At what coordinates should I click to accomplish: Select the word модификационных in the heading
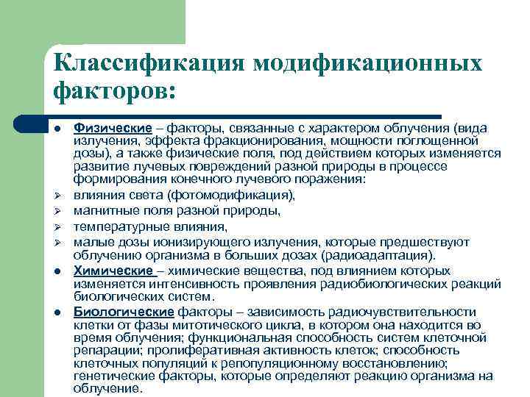point(367,62)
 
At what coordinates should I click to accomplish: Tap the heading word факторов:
point(115,93)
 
